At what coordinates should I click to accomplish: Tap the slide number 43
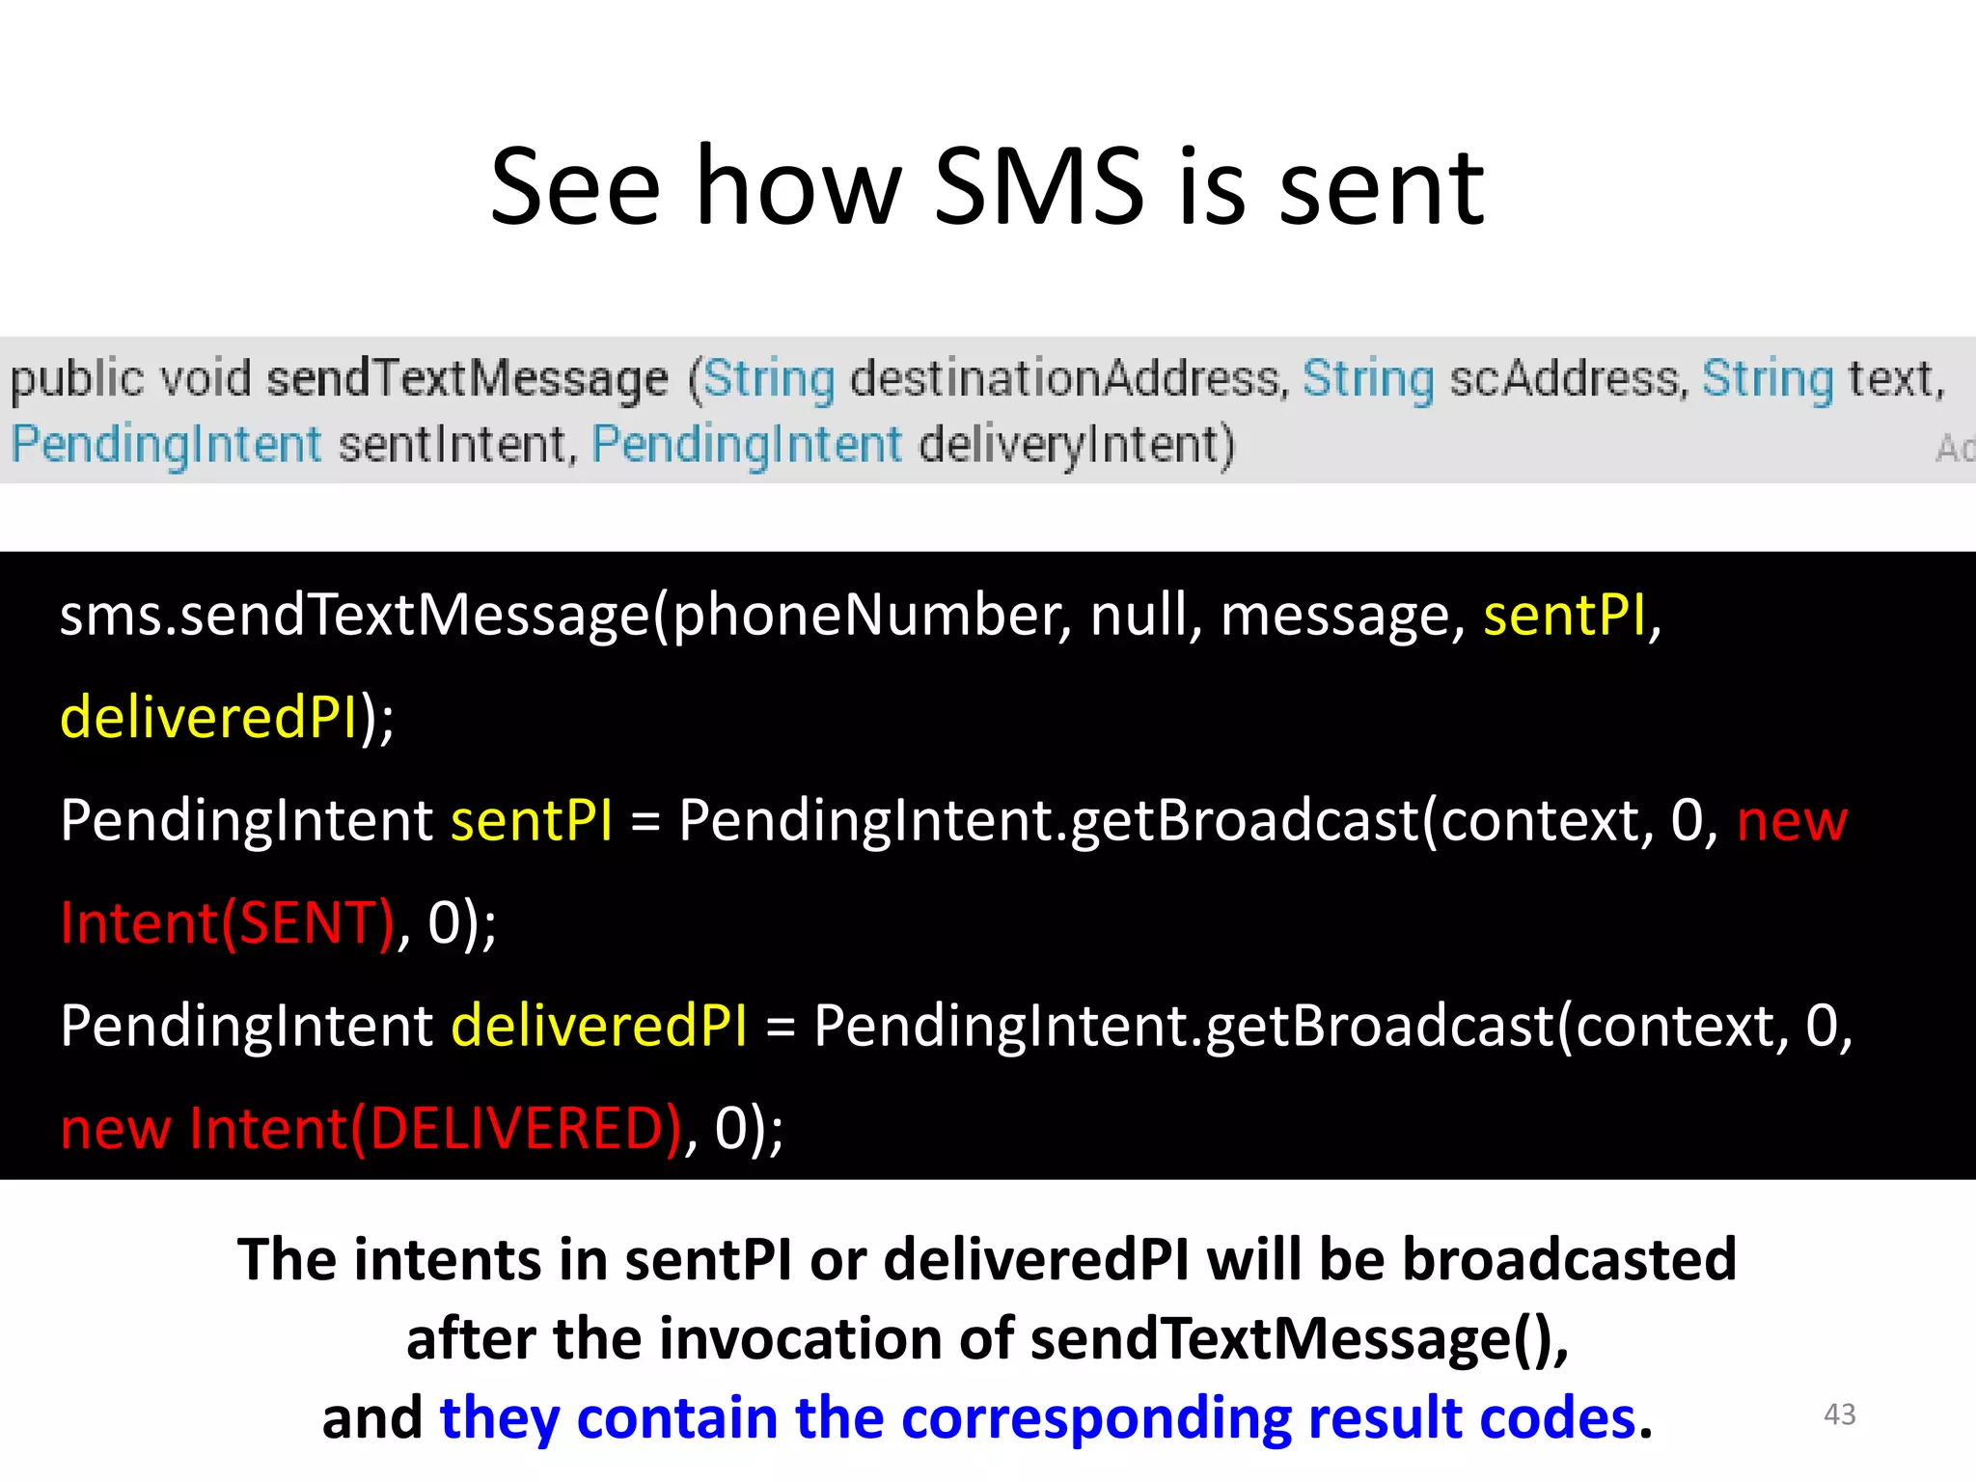click(x=1839, y=1414)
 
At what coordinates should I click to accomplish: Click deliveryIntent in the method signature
click(x=1076, y=445)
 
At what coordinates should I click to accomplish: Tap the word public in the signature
click(x=76, y=378)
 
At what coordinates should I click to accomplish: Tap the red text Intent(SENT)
click(x=228, y=922)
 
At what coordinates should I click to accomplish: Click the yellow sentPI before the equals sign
click(x=531, y=820)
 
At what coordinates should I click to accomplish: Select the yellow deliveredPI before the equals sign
click(x=598, y=1025)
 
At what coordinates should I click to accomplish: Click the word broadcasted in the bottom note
click(x=1569, y=1259)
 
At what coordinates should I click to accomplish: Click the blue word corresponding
click(x=1096, y=1417)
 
